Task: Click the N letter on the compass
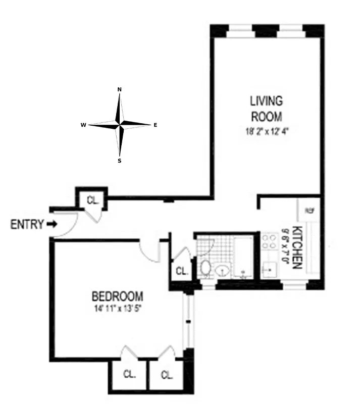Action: click(x=120, y=89)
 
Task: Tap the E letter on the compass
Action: click(x=155, y=124)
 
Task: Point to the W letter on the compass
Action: click(x=82, y=124)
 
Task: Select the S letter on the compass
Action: click(x=120, y=161)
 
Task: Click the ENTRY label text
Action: click(x=27, y=224)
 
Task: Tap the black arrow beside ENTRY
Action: click(x=52, y=224)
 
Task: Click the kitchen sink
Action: click(x=270, y=269)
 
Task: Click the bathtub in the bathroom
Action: click(x=243, y=258)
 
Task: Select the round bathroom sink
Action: click(x=222, y=272)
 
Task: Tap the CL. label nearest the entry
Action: click(x=92, y=199)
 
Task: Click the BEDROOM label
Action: click(x=117, y=296)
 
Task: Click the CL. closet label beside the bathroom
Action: click(x=182, y=271)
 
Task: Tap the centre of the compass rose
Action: click(x=120, y=124)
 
